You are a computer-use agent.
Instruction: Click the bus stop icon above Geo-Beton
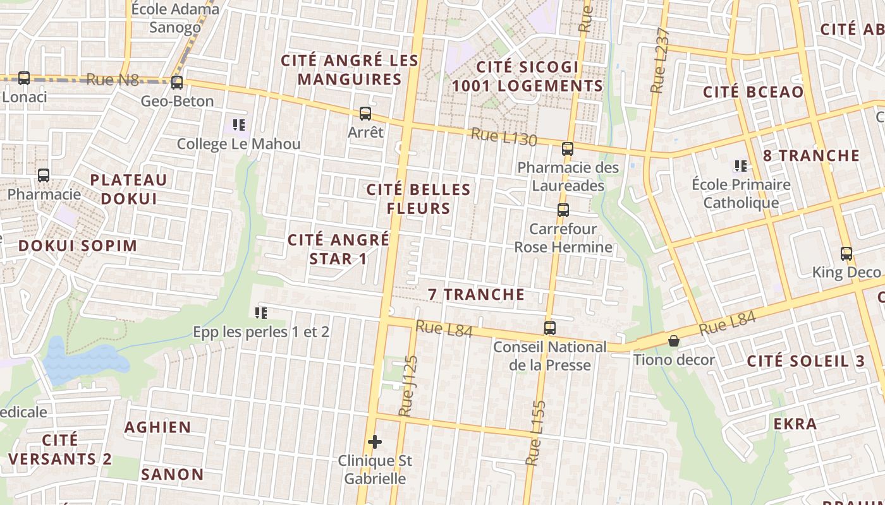[177, 82]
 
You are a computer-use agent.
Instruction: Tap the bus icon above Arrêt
[365, 114]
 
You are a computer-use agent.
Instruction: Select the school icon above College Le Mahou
[238, 125]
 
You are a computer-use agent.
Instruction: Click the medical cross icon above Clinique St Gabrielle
[375, 441]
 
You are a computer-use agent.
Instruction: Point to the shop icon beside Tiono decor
[674, 341]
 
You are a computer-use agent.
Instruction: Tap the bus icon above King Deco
[846, 254]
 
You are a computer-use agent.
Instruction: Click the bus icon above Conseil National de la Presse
[550, 328]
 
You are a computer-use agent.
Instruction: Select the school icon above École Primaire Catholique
[740, 166]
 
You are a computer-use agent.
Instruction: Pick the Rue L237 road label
[659, 61]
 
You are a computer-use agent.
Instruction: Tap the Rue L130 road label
[503, 137]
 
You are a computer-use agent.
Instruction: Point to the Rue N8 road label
[112, 79]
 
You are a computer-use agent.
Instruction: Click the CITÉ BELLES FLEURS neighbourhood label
[419, 199]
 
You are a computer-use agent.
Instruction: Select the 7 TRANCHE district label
[476, 294]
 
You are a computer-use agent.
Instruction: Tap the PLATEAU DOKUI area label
[128, 189]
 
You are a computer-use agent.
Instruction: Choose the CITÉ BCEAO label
[754, 92]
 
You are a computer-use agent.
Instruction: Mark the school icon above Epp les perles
[260, 312]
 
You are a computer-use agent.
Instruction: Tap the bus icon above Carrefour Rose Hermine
[563, 210]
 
